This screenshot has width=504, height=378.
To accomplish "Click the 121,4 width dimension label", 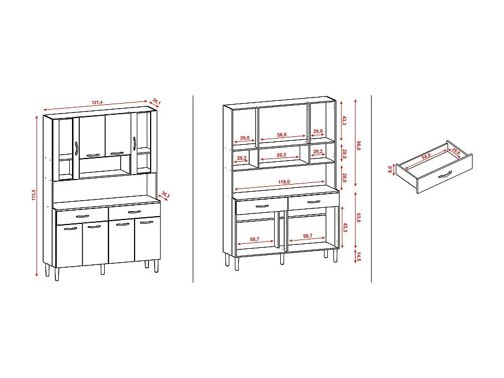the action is [97, 103].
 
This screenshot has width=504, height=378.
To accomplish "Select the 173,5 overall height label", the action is [34, 195].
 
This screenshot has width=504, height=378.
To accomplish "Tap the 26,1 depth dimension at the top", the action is [156, 102].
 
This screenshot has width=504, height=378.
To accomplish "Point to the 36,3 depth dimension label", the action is [166, 195].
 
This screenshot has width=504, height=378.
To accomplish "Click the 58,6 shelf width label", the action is [282, 135].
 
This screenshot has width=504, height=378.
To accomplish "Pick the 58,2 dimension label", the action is [281, 155].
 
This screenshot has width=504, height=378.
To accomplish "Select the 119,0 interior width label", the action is [284, 182].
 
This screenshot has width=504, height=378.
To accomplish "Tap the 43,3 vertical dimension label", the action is [344, 120].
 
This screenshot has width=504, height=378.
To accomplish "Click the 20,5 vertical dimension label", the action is [344, 154].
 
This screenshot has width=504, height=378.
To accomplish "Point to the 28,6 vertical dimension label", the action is [344, 178].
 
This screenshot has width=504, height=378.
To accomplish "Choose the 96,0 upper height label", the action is [359, 145].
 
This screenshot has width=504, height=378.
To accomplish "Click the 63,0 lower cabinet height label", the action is [359, 217].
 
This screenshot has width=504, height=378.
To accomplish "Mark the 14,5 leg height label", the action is [359, 257].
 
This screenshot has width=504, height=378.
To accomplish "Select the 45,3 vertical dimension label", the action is [345, 228].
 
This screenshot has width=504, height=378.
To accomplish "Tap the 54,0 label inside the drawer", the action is [426, 157].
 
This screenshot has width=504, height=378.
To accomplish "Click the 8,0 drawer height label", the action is [390, 169].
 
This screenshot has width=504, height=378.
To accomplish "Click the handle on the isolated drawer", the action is [445, 175].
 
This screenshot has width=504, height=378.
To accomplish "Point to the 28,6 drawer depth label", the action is [456, 151].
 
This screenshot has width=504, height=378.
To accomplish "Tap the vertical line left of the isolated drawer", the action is [371, 189].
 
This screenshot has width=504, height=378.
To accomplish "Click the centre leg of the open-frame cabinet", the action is [282, 259].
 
